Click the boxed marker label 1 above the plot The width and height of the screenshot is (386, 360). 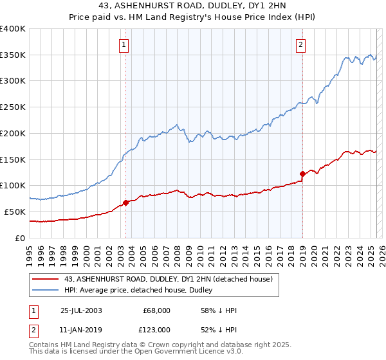pos(122,44)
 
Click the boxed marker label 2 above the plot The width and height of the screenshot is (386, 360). pos(300,44)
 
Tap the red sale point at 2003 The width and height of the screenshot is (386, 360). pos(126,202)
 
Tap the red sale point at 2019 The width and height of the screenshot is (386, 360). pos(302,173)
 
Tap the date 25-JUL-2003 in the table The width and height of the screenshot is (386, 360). pos(83,310)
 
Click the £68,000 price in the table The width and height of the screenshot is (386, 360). pos(156,310)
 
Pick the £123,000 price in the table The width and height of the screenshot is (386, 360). pos(156,330)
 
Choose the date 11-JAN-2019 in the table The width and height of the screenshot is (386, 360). pos(83,330)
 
